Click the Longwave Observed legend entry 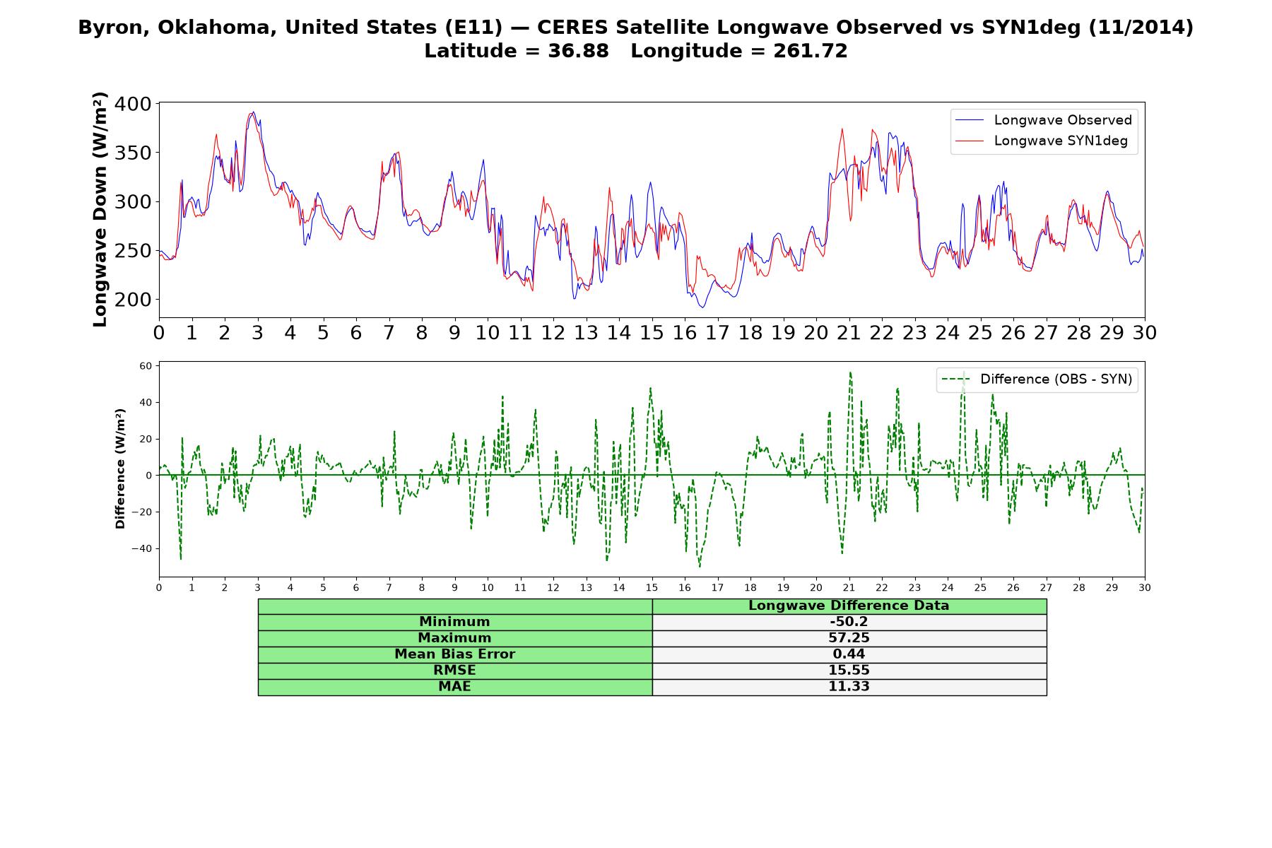tap(1044, 120)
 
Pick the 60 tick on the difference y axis tap(146, 366)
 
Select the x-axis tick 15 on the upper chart tap(652, 332)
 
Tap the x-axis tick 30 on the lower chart tap(1145, 587)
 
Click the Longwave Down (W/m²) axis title tap(100, 210)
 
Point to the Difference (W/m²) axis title tap(120, 469)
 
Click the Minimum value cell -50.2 tap(849, 622)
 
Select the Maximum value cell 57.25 tap(849, 638)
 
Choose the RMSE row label tap(454, 671)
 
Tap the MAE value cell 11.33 tap(849, 687)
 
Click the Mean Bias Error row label tap(454, 654)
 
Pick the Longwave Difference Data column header tap(849, 606)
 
